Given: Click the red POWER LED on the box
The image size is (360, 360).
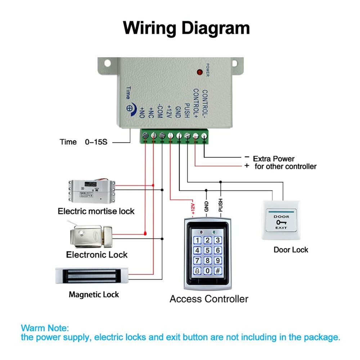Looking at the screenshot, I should click(199, 72).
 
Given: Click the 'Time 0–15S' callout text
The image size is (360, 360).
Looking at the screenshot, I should click(84, 142).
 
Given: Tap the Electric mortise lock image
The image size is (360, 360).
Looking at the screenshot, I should click(92, 191).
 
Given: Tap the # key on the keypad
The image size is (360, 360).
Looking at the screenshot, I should click(217, 271).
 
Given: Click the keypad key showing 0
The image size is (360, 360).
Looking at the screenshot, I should click(207, 271).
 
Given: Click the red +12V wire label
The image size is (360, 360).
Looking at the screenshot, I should click(193, 208).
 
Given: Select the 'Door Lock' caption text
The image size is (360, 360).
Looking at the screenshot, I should click(291, 249).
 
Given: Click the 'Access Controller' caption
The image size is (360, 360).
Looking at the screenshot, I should click(209, 299).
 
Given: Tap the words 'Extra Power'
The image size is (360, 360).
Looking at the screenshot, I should click(274, 158).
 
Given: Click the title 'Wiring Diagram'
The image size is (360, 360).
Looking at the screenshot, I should click(186, 28).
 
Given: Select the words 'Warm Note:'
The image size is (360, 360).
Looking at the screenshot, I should click(44, 328).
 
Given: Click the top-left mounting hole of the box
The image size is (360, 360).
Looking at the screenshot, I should click(107, 63).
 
